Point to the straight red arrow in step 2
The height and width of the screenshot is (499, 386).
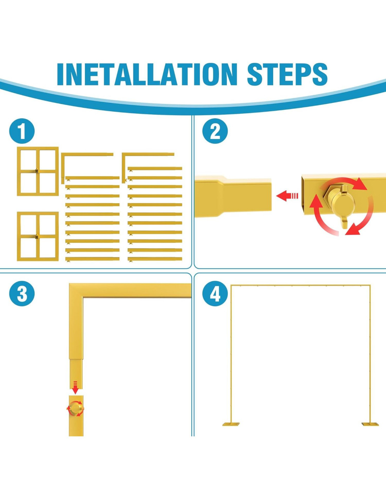point(287,196)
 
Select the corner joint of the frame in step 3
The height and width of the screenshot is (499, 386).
point(76,291)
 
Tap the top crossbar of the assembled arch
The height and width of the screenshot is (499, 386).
point(301,285)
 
